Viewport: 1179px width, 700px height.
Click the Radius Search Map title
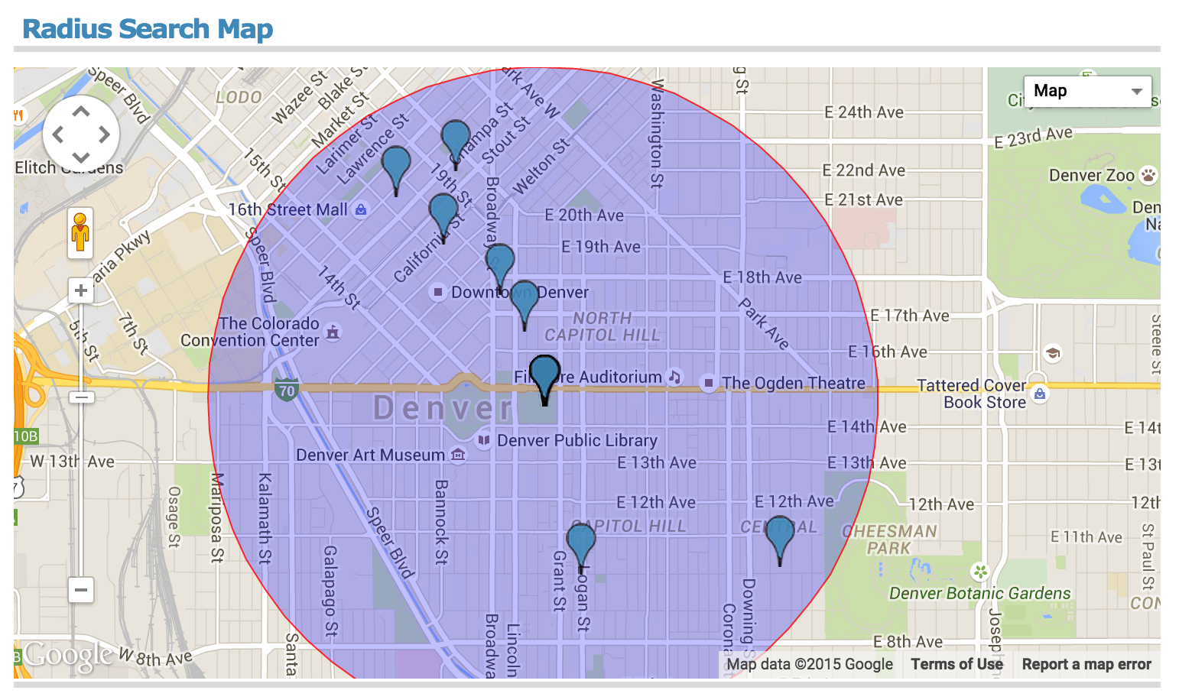tap(148, 29)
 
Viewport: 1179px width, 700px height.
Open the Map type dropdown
tap(1087, 92)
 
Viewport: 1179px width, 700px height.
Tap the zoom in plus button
tap(80, 290)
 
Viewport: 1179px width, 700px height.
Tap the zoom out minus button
tap(80, 590)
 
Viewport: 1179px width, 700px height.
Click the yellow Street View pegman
tap(80, 232)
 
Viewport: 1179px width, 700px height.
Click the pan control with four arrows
tap(80, 134)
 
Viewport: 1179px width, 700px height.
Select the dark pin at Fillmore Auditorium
tap(544, 376)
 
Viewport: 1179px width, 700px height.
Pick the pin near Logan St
tap(581, 544)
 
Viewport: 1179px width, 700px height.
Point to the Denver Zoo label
tap(1091, 176)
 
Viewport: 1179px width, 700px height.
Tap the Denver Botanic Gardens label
tap(979, 593)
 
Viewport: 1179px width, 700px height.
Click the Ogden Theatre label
tap(793, 383)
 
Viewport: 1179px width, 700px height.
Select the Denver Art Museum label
tap(370, 455)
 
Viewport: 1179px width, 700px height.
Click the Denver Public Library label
tap(577, 441)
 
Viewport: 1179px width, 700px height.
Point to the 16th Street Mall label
tap(287, 209)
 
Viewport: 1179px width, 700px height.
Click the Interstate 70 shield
tap(286, 390)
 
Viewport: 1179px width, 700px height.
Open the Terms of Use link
tap(957, 664)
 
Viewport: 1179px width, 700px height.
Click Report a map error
tap(1086, 664)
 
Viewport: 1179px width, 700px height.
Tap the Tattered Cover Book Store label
tap(972, 394)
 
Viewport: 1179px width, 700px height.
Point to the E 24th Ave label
tap(863, 112)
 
